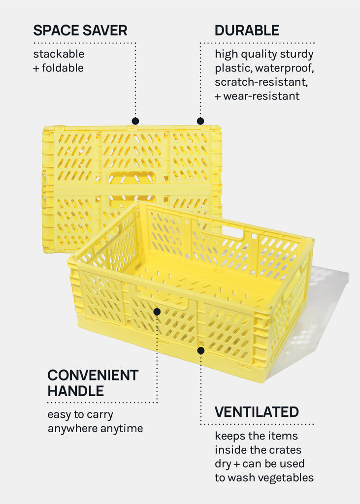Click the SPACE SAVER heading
80,31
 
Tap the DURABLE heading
247,31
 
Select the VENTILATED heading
257,412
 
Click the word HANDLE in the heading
76,391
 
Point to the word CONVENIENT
93,375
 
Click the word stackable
59,54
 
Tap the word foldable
63,68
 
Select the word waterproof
284,68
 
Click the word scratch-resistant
261,82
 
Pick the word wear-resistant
262,96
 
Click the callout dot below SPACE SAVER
135,121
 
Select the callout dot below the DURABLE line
200,121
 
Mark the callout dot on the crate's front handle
157,312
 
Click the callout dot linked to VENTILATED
201,350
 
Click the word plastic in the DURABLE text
233,68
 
